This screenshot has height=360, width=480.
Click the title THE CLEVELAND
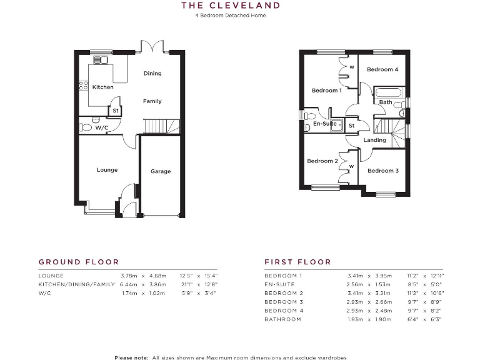(x=230, y=6)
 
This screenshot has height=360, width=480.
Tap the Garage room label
(x=161, y=171)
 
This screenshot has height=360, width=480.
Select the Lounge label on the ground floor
(x=107, y=169)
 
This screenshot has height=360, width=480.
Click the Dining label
(x=152, y=73)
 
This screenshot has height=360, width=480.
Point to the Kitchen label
(x=103, y=87)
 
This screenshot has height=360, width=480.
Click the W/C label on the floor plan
(x=102, y=127)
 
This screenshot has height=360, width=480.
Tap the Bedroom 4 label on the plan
(x=382, y=69)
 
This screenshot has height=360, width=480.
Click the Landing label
(x=375, y=140)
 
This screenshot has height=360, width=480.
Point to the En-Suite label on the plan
(x=325, y=124)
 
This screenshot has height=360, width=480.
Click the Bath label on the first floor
(x=386, y=102)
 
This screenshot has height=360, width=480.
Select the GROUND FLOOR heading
(x=78, y=262)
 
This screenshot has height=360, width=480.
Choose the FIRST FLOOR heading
(x=297, y=262)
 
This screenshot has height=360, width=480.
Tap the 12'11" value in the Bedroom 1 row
(x=434, y=276)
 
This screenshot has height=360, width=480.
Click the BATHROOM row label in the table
(x=282, y=319)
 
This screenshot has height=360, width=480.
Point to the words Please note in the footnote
(x=132, y=357)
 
